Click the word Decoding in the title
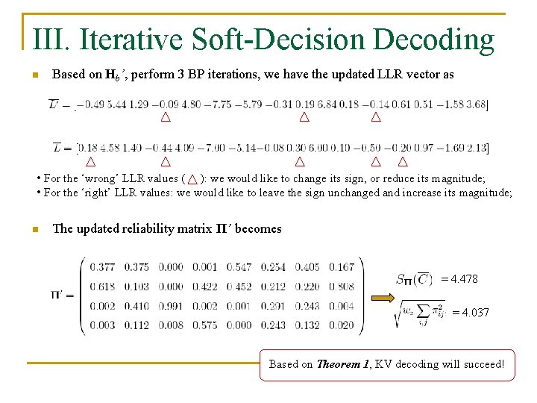pos(433,39)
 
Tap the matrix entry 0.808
pos(341,286)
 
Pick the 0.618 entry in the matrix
pos(103,286)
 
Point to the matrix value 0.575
pos(205,325)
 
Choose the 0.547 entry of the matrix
pos(239,266)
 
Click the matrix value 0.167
pos(341,266)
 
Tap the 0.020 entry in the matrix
pos(341,325)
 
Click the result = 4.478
pos(459,279)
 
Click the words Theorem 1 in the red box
pos(344,364)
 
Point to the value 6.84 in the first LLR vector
pos(327,104)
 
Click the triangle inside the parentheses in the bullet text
pos(192,179)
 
